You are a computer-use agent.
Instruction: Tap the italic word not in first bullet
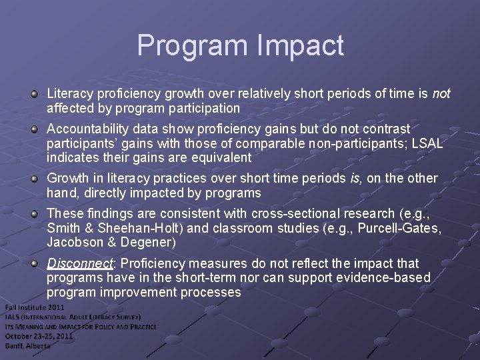[x=441, y=94]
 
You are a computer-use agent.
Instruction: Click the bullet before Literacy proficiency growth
[x=34, y=94]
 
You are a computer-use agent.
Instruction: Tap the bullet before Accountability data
[x=34, y=129]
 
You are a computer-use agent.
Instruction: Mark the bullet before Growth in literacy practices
[x=34, y=178]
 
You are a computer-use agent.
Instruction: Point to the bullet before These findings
[x=34, y=213]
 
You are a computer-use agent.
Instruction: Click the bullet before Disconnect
[x=34, y=263]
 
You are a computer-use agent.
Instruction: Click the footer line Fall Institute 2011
[x=35, y=307]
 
